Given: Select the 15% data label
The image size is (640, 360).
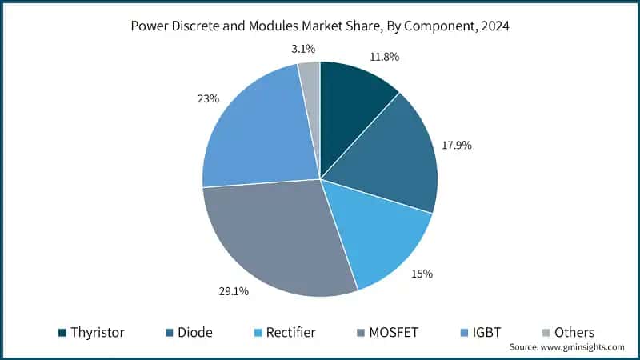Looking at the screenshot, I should [x=422, y=274].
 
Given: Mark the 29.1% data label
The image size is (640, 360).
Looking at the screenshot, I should [x=233, y=291].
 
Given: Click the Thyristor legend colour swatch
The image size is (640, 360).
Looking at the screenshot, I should [x=62, y=332].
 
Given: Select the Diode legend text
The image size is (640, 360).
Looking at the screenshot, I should [x=195, y=332].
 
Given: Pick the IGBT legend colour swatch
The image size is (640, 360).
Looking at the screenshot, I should [x=464, y=332].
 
